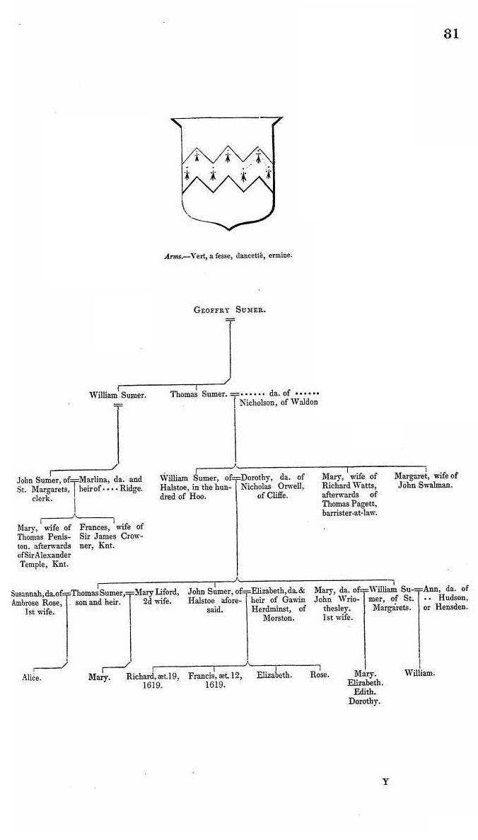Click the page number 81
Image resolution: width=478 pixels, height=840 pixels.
point(451,33)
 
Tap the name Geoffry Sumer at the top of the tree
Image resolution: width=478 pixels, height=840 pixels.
point(230,310)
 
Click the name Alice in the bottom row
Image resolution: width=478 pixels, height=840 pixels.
point(32,678)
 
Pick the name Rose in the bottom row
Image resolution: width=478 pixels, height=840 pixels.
point(320,675)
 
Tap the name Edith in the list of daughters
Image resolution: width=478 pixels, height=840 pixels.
point(365,692)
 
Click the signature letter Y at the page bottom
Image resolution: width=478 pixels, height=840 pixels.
point(385,781)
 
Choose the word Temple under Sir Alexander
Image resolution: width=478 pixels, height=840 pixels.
point(31,564)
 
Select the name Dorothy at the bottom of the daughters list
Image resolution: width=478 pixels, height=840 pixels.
point(364,702)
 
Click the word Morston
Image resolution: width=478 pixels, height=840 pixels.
point(279,618)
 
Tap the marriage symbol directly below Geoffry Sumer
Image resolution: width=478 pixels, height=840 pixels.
point(231,321)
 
